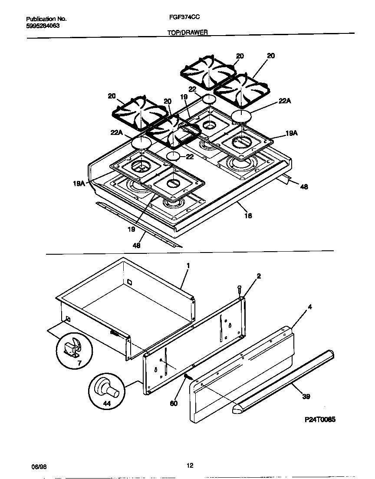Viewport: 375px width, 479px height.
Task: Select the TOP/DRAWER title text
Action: click(187, 32)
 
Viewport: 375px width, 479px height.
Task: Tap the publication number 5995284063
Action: click(43, 26)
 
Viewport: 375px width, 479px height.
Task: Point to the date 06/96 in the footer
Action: click(39, 466)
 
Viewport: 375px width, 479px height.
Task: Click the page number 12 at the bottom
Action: click(190, 466)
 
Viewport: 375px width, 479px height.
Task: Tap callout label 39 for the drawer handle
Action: click(306, 396)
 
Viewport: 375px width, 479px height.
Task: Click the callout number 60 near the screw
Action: click(174, 404)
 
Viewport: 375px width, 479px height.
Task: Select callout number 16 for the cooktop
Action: click(248, 215)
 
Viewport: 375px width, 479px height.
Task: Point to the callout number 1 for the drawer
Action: click(188, 265)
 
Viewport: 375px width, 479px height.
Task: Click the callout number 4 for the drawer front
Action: click(310, 307)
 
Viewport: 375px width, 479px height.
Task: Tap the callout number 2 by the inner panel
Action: click(259, 276)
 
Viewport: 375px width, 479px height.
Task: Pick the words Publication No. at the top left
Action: click(46, 19)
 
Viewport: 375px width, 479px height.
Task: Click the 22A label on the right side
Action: click(284, 101)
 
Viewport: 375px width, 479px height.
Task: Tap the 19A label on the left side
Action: click(79, 184)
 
